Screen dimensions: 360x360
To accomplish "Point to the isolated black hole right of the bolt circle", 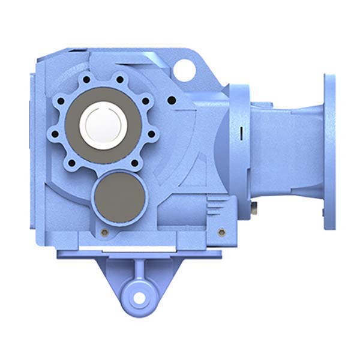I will pyautogui.click(x=172, y=100).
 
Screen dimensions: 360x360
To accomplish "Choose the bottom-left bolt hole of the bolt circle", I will pyautogui.click(x=73, y=162).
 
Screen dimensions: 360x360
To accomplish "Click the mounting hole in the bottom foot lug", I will pyautogui.click(x=139, y=296).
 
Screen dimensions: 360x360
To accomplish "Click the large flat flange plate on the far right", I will pyautogui.click(x=331, y=151).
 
